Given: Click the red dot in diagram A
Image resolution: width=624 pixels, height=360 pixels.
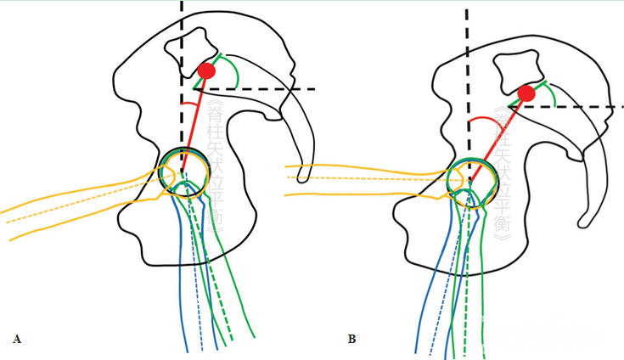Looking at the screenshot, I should (x=206, y=71).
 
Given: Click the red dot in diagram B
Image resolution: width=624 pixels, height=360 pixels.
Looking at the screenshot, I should (x=526, y=93).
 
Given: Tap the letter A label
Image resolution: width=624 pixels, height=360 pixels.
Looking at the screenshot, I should (x=17, y=339).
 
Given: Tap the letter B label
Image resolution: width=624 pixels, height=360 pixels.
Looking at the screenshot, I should (x=351, y=339).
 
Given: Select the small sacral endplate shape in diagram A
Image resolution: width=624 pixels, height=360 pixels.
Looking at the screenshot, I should (x=188, y=49).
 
